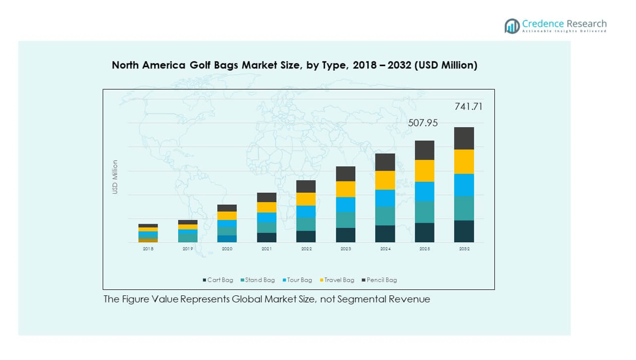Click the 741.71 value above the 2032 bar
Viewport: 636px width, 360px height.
[x=468, y=107]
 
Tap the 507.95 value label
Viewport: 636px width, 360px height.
[x=423, y=123]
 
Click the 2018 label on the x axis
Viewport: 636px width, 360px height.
[x=148, y=249]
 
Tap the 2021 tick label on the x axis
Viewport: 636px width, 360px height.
[x=267, y=249]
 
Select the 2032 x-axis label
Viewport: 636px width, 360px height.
[x=464, y=249]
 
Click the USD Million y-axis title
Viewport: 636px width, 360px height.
[x=115, y=177]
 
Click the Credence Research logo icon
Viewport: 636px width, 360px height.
[x=512, y=26]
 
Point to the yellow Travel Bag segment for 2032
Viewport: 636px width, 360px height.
[x=464, y=162]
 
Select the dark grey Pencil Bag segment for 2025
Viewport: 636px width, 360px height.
[x=425, y=150]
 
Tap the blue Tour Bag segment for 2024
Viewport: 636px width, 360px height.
[x=385, y=198]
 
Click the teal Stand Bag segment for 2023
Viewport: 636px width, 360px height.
[x=345, y=220]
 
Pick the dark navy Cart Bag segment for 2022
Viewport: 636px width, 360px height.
[x=306, y=237]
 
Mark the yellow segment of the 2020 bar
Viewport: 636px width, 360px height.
[x=227, y=216]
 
